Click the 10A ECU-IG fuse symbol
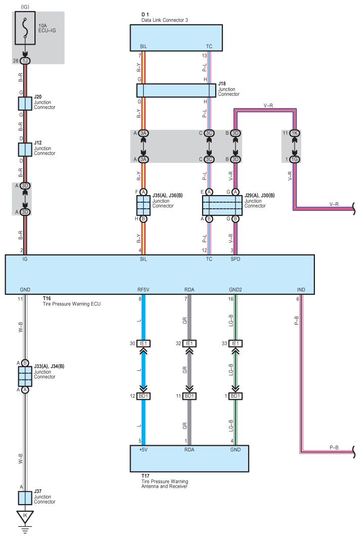tap(25, 28)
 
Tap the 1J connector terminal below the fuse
tap(25, 61)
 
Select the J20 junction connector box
tap(25, 103)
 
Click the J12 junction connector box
tap(25, 149)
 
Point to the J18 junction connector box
tap(176, 91)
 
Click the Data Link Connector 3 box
tap(176, 38)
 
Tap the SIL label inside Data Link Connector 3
tap(143, 47)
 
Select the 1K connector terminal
tap(294, 133)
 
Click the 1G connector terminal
tap(294, 159)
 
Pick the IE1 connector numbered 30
tap(143, 343)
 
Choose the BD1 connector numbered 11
tap(189, 396)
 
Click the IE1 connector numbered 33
tap(235, 343)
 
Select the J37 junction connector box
tap(25, 498)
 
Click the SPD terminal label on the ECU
tap(235, 259)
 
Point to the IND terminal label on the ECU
tap(301, 290)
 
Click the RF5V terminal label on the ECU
tap(143, 290)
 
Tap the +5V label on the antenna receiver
tap(143, 449)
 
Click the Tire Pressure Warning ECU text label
tap(72, 303)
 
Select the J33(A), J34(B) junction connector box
tap(25, 376)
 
